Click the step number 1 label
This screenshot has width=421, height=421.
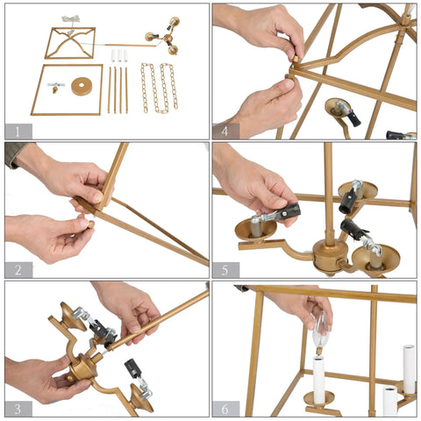coord(18,132)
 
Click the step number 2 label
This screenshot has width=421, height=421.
coord(18,270)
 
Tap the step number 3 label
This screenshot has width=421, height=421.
coord(18,409)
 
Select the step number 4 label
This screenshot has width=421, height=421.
coord(225,132)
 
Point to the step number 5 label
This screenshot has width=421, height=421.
coord(225,270)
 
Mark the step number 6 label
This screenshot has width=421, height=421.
coord(225,409)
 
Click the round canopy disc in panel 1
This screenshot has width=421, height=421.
coord(82,87)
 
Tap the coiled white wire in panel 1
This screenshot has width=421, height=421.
coord(71,19)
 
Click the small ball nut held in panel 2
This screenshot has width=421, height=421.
coord(91,225)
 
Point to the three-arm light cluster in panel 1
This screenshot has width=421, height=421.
coord(166,36)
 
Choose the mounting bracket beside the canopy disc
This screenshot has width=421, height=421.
coord(55,86)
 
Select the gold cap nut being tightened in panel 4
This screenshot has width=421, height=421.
coord(296,60)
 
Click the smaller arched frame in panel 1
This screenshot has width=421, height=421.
coord(70,43)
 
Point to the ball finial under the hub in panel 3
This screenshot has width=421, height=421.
coord(69,378)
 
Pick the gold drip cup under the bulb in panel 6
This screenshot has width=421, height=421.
coord(319,398)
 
